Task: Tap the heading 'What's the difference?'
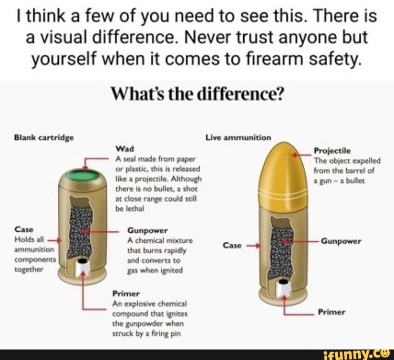tap(198, 95)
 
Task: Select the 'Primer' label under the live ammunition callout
tap(331, 312)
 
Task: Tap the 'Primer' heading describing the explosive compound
tap(124, 293)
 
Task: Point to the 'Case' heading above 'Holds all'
tap(24, 230)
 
